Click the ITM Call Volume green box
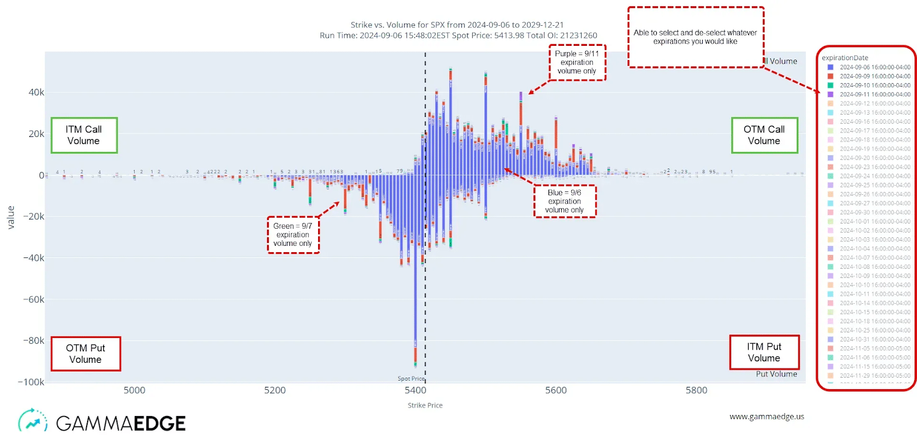[x=84, y=135]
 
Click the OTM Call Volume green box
[x=764, y=135]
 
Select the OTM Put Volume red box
[x=85, y=354]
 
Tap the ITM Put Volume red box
[x=764, y=352]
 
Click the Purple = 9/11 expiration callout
[x=577, y=62]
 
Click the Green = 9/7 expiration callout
[x=293, y=234]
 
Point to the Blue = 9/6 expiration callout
[x=565, y=201]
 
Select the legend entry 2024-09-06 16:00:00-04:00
[x=875, y=67]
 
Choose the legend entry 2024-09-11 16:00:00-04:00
[x=875, y=95]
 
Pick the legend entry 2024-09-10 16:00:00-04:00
[x=875, y=85]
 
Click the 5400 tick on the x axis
[x=416, y=390]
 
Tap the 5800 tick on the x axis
[x=696, y=390]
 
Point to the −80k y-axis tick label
[x=33, y=340]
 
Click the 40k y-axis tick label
[x=36, y=92]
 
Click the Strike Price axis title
[x=425, y=405]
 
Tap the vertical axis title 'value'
[x=10, y=217]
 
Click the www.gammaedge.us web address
[x=766, y=417]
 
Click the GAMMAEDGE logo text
[x=121, y=424]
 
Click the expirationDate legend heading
[x=845, y=58]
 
